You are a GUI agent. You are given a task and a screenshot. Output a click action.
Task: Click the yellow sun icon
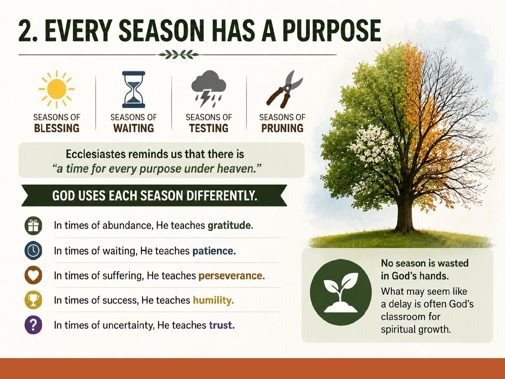[x=56, y=89]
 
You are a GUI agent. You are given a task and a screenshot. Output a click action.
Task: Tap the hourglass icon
[x=134, y=89]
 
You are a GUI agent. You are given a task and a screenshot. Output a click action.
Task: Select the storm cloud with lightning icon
[x=209, y=89]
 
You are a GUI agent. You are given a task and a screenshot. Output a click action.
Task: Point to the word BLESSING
[x=57, y=128]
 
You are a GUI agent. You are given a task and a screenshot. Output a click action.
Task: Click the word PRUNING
[x=282, y=128]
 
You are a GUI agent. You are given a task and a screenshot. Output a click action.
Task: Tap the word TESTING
[x=209, y=128]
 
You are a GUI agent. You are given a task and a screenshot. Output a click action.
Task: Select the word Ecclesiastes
[x=95, y=154]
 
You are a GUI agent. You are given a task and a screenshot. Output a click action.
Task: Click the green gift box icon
[x=33, y=226]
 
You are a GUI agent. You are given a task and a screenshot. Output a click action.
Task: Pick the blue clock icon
[x=33, y=250]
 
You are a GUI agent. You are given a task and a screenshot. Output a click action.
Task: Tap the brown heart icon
[x=33, y=275]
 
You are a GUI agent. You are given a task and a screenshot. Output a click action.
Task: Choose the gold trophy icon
[x=33, y=300]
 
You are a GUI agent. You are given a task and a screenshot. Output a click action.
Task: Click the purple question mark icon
[x=33, y=325]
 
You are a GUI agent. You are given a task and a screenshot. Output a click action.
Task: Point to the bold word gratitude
[x=230, y=226]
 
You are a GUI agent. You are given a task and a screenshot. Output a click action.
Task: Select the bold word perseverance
[x=232, y=276]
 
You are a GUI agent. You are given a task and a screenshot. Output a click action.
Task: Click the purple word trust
[x=222, y=325]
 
